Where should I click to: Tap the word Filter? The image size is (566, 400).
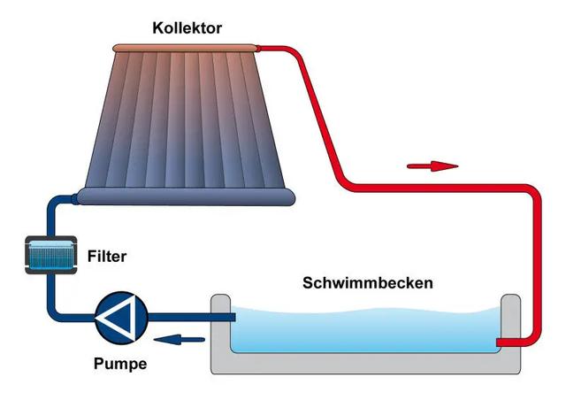pos(107,258)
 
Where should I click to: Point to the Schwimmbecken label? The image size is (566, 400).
pos(367,283)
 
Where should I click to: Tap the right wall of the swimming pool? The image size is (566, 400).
pos(510,319)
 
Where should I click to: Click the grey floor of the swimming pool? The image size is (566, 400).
pos(363,362)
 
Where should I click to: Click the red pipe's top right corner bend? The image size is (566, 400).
pos(529,192)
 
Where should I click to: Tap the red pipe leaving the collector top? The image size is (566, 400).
pos(283,47)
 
